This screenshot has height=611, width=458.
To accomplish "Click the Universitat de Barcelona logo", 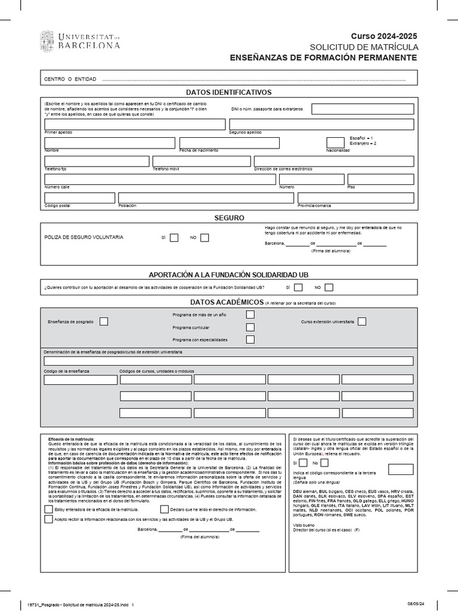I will coord(80,41).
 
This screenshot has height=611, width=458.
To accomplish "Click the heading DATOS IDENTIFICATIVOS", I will coord(228,92).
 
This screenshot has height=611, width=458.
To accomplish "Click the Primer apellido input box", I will coord(135,124).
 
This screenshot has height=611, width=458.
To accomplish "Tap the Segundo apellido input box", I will coord(321,124).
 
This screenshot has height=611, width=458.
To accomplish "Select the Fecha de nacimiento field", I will coord(230,143).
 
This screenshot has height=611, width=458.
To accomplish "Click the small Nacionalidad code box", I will coord(336,143).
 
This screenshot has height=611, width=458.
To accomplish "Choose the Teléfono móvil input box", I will coord(202,161).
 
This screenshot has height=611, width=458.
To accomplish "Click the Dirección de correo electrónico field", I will coord(333,161).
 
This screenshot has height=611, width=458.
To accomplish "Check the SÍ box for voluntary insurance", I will coord(174,237).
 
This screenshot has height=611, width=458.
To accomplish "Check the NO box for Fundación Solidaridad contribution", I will coord(329,288).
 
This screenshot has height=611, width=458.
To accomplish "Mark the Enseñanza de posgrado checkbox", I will coord(104,322).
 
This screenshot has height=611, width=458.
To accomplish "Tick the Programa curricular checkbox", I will coord(250,327).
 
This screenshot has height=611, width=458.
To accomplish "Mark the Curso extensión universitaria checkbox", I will coord(362,322).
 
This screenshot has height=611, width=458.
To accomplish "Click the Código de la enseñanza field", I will coord(81,379).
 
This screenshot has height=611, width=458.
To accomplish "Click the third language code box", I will coord(400,469).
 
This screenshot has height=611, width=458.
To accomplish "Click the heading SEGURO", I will coord(230,218).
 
